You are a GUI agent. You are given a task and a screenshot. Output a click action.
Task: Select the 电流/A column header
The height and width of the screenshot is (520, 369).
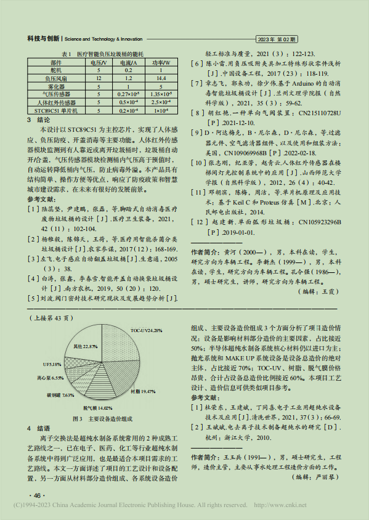point(129,63)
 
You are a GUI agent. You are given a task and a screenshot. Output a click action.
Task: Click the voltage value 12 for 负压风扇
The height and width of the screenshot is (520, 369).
point(99,79)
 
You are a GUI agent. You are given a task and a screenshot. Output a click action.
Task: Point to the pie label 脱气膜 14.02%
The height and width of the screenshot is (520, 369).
point(97,407)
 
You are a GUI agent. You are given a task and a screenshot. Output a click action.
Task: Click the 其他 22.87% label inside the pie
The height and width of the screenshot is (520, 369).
point(86,346)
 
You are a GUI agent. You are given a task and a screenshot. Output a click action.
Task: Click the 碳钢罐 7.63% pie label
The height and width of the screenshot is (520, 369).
point(60,395)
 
